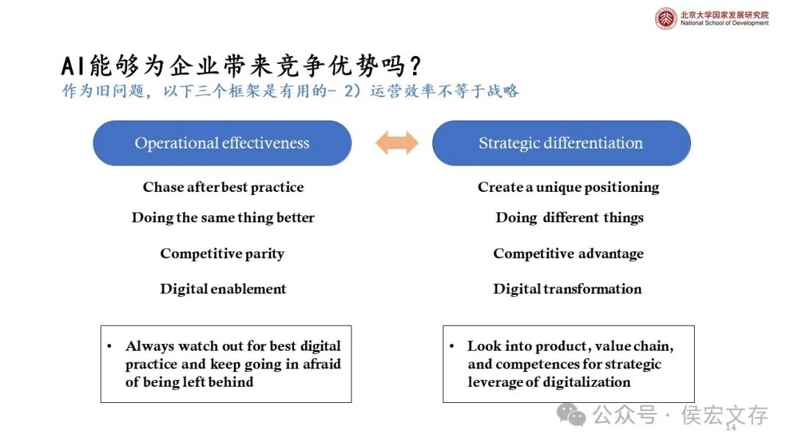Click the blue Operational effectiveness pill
pos(222,143)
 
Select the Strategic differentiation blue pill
pos(561,143)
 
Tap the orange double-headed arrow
pos(396,143)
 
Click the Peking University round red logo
pos(665,18)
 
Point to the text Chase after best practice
pos(223,187)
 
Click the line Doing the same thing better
pos(223,218)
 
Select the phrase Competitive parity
pos(222,254)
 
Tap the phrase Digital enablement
pos(223,289)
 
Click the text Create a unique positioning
pos(568,187)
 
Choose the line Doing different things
pos(569,218)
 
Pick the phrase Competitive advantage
pos(568,254)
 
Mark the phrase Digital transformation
pos(568,289)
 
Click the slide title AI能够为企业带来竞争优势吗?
pos(242,66)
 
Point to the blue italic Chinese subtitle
pos(290,91)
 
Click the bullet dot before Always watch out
pos(110,346)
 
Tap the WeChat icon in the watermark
pos(571,415)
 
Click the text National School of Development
pos(724,24)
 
